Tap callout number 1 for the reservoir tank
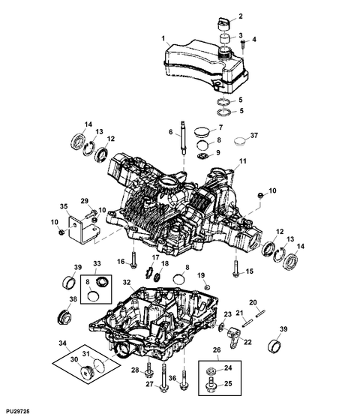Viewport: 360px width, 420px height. click(163, 38)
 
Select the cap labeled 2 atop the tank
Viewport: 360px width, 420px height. click(223, 23)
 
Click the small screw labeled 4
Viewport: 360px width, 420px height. click(243, 43)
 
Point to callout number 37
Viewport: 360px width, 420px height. click(254, 136)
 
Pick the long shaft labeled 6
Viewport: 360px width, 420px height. click(183, 138)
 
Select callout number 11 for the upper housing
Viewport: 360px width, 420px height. click(243, 161)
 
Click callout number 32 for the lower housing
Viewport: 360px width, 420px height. click(127, 282)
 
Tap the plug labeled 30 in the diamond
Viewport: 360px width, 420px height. click(87, 372)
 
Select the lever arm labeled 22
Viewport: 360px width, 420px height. click(234, 337)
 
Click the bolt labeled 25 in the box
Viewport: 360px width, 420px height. click(210, 385)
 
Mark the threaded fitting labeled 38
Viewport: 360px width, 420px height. click(64, 316)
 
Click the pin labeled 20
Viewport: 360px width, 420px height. click(260, 313)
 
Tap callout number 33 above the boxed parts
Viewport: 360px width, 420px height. click(97, 263)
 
